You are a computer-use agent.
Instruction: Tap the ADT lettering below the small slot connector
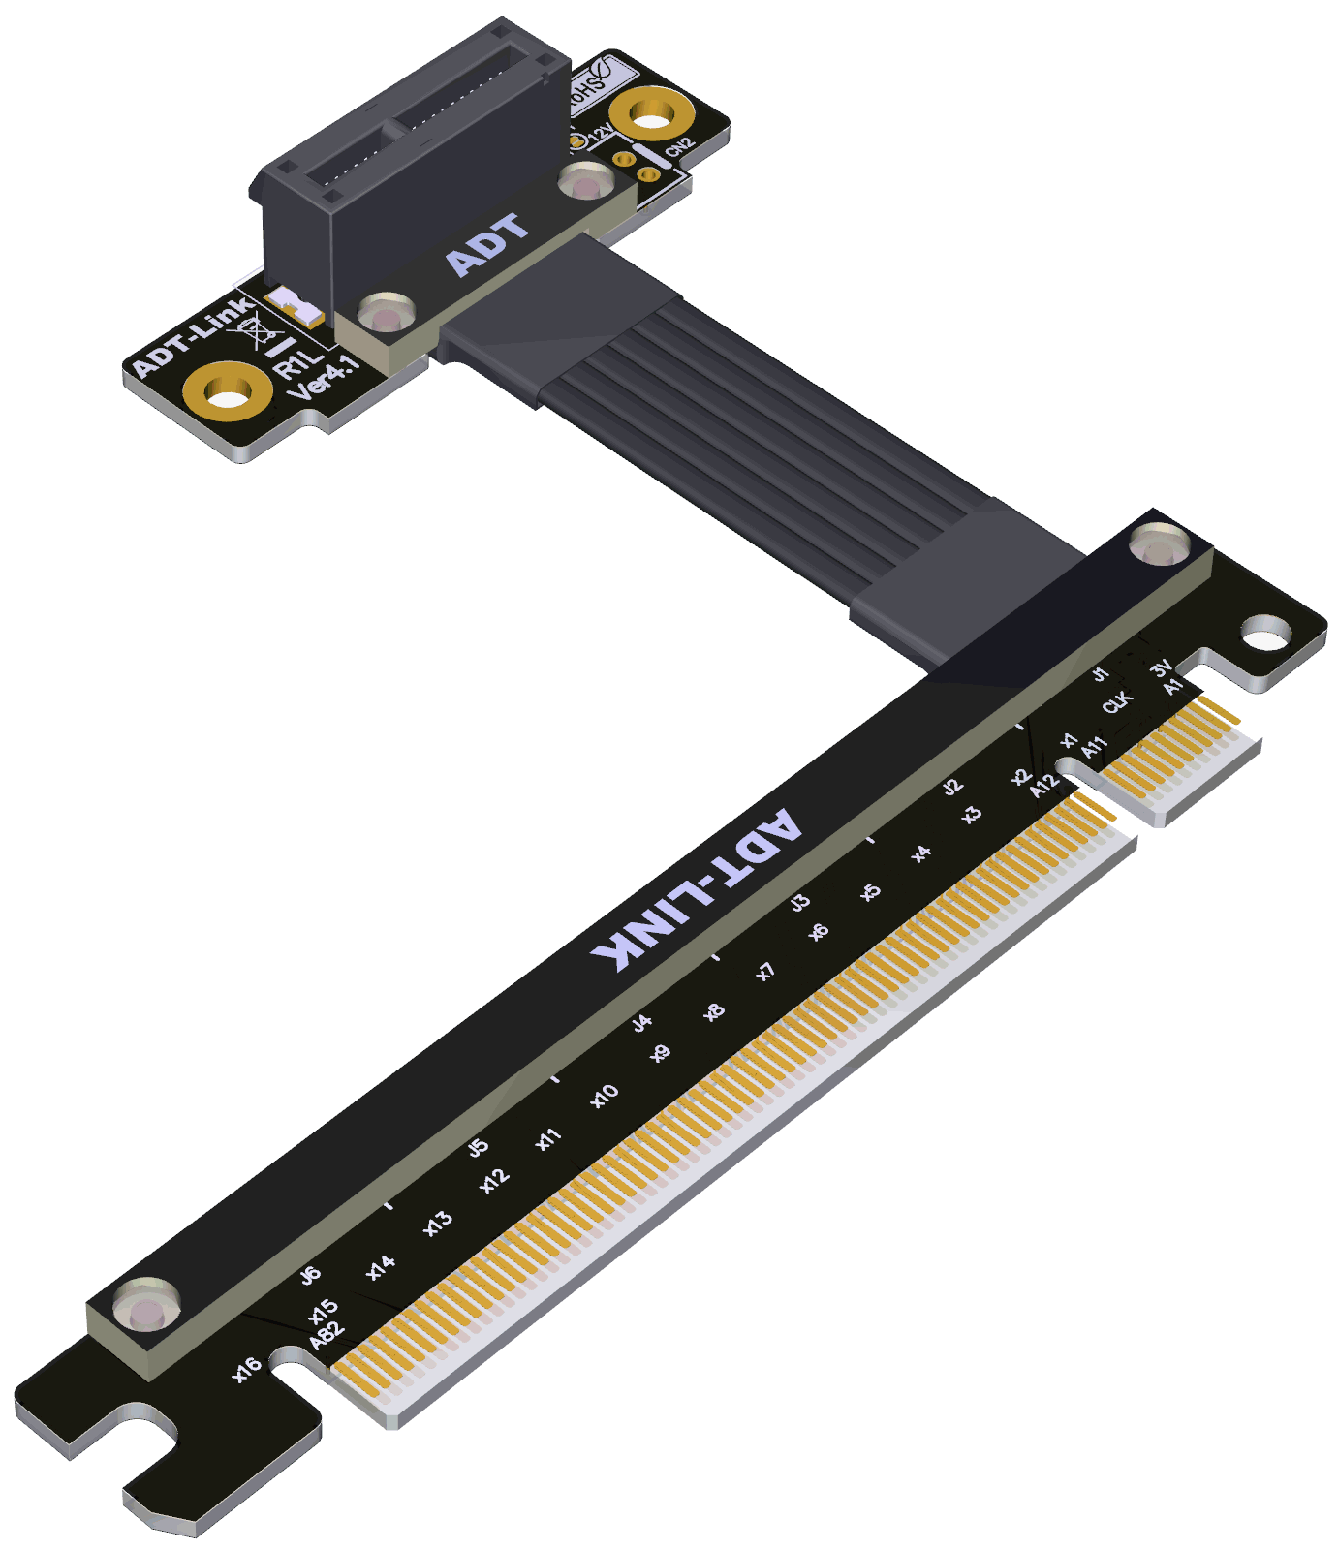click(x=487, y=244)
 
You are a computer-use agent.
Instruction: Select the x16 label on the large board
click(x=246, y=1368)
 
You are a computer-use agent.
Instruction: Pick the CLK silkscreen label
click(x=1117, y=701)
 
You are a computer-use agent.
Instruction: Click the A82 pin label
click(x=327, y=1335)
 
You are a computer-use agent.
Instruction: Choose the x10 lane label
click(x=605, y=1096)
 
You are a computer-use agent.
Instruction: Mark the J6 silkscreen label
click(x=310, y=1275)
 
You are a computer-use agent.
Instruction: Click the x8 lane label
click(x=714, y=1012)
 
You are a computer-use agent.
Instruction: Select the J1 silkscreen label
click(x=1100, y=673)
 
